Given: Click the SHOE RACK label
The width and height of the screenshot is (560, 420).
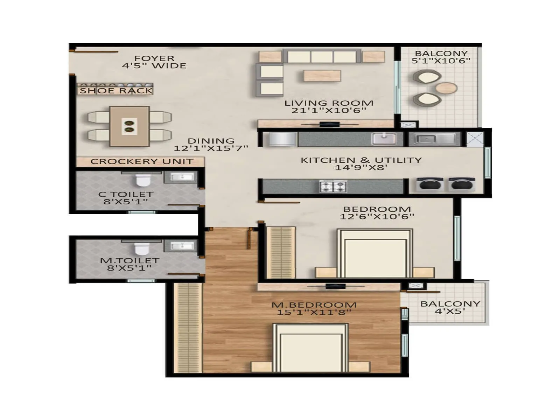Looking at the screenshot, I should pyautogui.click(x=116, y=91).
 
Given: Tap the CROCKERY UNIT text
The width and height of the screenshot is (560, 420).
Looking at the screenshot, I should pyautogui.click(x=142, y=161).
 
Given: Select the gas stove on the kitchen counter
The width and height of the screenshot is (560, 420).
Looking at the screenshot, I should pyautogui.click(x=333, y=186).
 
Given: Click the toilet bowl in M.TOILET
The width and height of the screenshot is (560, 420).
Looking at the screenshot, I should pyautogui.click(x=142, y=248).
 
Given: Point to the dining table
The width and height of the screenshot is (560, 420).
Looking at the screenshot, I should pyautogui.click(x=129, y=126).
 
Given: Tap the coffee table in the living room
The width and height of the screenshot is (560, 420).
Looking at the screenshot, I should pyautogui.click(x=322, y=76).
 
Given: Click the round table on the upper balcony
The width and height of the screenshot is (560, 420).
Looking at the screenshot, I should pyautogui.click(x=446, y=87).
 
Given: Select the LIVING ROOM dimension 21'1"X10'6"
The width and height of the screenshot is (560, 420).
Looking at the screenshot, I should pyautogui.click(x=329, y=111).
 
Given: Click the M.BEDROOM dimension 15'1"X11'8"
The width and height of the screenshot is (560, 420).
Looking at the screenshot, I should pyautogui.click(x=314, y=312).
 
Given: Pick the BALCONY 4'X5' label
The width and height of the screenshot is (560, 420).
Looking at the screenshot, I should pyautogui.click(x=450, y=307).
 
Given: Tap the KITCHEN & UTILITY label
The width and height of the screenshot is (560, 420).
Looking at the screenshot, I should pyautogui.click(x=361, y=160).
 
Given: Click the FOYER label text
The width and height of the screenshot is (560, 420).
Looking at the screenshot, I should pyautogui.click(x=154, y=58).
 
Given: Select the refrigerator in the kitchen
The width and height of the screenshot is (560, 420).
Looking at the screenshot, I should pyautogui.click(x=282, y=139).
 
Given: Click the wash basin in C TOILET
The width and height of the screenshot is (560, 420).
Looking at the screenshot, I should pyautogui.click(x=182, y=177).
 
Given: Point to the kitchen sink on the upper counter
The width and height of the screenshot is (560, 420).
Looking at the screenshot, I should pyautogui.click(x=384, y=139).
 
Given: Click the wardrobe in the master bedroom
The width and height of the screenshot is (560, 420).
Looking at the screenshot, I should pyautogui.click(x=188, y=327).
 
